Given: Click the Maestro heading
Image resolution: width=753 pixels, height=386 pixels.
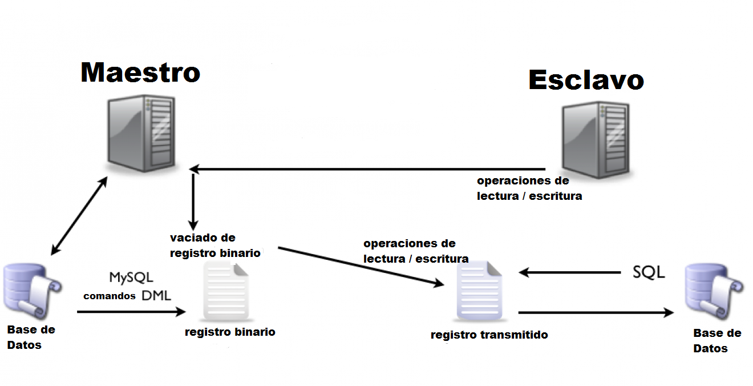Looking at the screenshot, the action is click(x=140, y=73).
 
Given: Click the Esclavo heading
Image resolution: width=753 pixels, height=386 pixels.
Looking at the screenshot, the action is click(x=586, y=80).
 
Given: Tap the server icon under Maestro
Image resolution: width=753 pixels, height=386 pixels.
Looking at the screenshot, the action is click(x=141, y=134).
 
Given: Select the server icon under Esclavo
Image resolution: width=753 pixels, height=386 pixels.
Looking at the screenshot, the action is click(x=596, y=140).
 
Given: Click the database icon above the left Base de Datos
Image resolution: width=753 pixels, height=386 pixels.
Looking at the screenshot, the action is click(x=33, y=291).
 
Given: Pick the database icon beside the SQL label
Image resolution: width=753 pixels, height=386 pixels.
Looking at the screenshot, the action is click(x=714, y=292).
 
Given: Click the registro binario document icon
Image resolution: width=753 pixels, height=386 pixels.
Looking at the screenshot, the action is click(x=226, y=291).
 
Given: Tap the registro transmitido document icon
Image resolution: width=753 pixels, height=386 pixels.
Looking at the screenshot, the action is click(x=480, y=291).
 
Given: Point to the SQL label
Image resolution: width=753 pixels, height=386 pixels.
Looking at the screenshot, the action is click(x=649, y=272).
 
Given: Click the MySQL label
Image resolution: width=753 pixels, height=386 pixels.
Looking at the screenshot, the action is click(x=131, y=278).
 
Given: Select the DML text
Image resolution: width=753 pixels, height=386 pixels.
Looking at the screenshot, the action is click(x=156, y=295).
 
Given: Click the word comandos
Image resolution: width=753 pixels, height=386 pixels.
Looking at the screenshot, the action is click(x=110, y=296).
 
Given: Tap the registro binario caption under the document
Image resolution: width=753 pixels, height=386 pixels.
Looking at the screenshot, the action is click(x=230, y=332).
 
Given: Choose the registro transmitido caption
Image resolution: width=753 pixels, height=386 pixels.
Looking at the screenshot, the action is click(x=489, y=335).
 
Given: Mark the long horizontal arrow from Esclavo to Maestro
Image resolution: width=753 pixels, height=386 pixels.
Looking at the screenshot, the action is click(x=367, y=169).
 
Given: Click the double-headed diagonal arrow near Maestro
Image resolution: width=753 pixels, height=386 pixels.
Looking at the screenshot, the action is click(x=79, y=216).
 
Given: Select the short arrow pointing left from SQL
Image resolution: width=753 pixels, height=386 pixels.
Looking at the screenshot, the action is click(x=570, y=272).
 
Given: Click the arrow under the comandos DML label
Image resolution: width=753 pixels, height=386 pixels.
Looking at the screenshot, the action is click(x=131, y=312).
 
